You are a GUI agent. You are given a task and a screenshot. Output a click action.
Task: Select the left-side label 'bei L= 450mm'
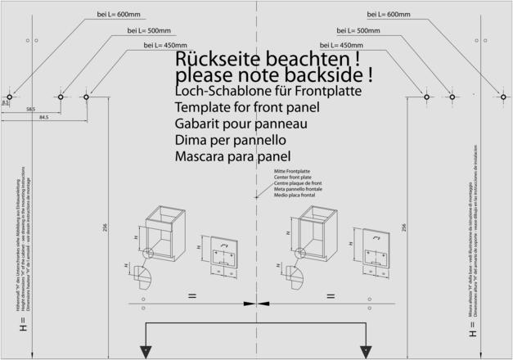[164, 45]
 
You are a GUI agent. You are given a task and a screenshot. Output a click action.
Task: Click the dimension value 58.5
[30, 109]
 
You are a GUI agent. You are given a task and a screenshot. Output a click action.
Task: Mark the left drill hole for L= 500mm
[60, 97]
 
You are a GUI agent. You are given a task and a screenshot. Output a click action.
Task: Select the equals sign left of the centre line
[191, 294]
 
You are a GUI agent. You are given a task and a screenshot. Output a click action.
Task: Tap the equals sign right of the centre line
[331, 294]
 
